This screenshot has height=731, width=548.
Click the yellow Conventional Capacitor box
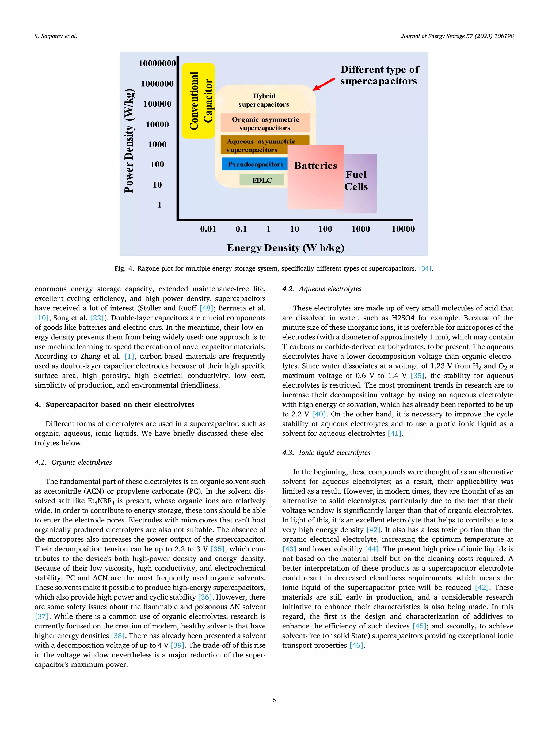click(198, 101)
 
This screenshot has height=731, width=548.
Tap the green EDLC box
click(262, 180)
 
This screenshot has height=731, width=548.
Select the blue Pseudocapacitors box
click(255, 164)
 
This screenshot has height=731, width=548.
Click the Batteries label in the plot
click(315, 166)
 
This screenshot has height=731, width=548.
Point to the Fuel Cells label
click(356, 180)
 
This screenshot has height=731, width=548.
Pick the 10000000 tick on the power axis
click(157, 63)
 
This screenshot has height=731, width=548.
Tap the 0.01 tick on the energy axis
click(208, 229)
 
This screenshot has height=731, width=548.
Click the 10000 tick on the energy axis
click(403, 229)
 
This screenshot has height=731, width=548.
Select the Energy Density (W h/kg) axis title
click(286, 248)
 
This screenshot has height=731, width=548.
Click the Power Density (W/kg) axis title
click(129, 141)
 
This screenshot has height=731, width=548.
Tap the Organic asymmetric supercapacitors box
click(265, 123)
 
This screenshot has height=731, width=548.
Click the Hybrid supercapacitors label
click(264, 100)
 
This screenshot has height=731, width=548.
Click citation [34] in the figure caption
click(425, 268)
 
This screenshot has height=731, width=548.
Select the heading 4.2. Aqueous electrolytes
click(322, 289)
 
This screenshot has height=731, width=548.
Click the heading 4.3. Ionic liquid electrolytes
click(326, 452)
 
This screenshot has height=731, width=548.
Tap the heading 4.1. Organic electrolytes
click(73, 462)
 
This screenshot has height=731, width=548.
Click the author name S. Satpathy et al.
click(55, 36)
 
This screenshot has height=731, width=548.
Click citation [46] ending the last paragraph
click(356, 645)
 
